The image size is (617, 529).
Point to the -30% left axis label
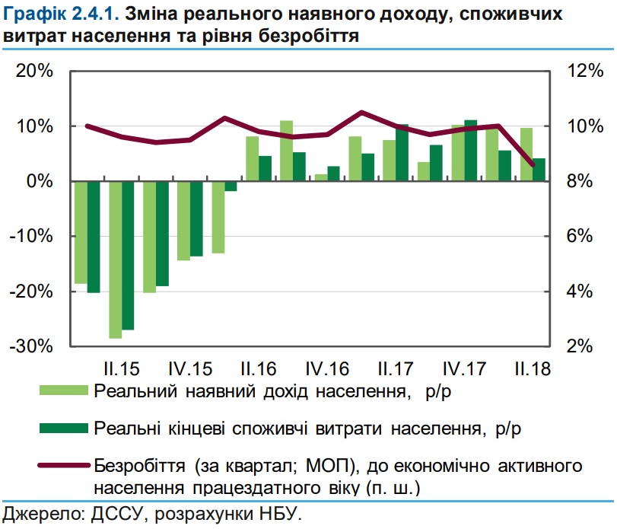click(x=30, y=346)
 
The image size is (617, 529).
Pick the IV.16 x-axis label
click(x=327, y=369)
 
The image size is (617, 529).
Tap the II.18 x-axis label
click(x=533, y=369)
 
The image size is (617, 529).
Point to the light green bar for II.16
click(x=253, y=158)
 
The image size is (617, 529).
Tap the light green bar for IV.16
click(x=320, y=177)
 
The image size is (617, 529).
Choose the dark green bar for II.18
click(x=539, y=170)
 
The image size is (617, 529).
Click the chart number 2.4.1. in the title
click(x=93, y=14)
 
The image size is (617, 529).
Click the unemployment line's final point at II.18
click(x=533, y=164)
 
